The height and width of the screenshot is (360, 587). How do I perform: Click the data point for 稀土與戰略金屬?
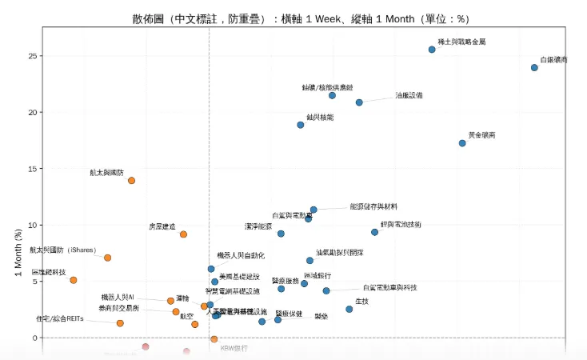point(432,50)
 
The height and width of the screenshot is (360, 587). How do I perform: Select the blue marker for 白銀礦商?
point(534,68)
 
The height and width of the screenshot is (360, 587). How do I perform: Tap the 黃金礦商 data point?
point(462,143)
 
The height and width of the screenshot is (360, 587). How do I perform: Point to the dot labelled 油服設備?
point(359,102)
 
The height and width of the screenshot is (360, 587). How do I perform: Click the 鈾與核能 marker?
point(301,125)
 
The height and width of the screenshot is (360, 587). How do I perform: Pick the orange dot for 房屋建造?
point(183,234)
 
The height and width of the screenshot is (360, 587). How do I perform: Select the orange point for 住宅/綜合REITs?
point(120,323)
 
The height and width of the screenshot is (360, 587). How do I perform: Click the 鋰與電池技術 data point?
point(374,232)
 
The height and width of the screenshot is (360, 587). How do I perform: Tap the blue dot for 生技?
point(349,309)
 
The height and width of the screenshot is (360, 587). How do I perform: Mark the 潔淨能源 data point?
point(281,234)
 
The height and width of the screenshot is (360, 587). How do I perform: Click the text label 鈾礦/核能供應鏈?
point(328,86)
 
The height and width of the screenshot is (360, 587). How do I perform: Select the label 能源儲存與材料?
point(373,206)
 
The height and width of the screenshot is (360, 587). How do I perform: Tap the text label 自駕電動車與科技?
point(390,287)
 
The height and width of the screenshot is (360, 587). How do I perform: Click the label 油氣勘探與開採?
point(339,252)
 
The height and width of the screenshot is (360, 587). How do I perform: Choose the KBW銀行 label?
point(234,349)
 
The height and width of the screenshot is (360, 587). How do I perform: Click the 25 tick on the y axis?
point(33,56)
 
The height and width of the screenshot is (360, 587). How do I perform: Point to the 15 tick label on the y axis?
point(33,169)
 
